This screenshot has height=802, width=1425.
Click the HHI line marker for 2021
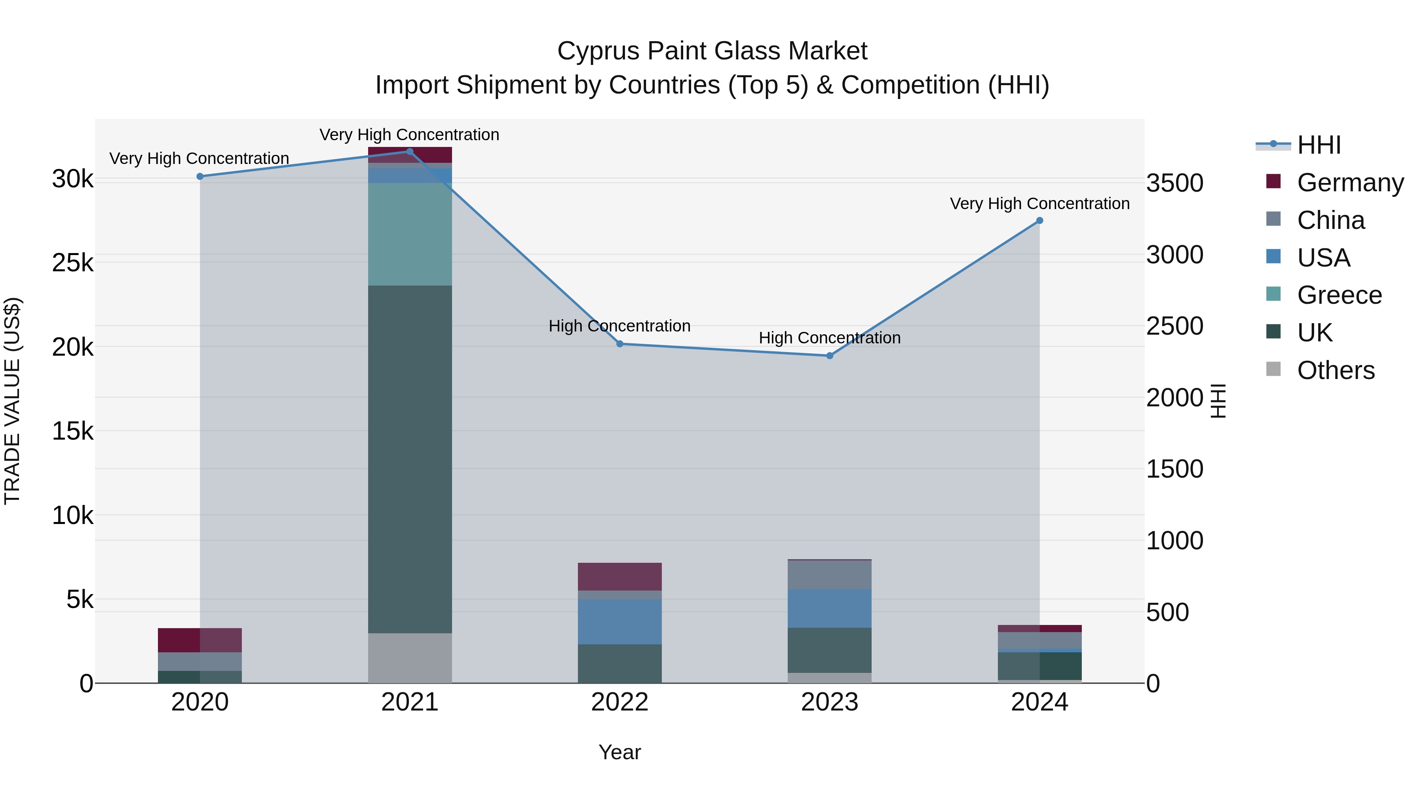(x=410, y=152)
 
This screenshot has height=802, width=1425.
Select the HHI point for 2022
(x=619, y=344)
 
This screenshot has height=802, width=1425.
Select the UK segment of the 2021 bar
(x=410, y=459)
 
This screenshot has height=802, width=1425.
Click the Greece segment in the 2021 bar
(x=410, y=234)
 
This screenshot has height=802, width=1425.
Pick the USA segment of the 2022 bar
(x=619, y=621)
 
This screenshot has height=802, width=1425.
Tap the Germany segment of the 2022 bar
(x=619, y=577)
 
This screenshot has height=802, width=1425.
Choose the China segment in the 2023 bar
(x=829, y=575)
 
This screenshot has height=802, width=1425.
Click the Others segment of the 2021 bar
(x=410, y=658)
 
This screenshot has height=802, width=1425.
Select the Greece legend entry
(x=1339, y=295)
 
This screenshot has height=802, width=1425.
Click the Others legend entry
(x=1336, y=370)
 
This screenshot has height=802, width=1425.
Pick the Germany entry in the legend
(x=1350, y=183)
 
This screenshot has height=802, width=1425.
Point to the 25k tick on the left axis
(x=72, y=263)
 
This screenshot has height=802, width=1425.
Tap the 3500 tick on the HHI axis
(x=1174, y=183)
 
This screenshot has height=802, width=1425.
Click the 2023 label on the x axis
(x=829, y=702)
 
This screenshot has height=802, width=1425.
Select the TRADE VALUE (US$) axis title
(x=12, y=401)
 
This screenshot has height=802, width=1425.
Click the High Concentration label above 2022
(x=619, y=326)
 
